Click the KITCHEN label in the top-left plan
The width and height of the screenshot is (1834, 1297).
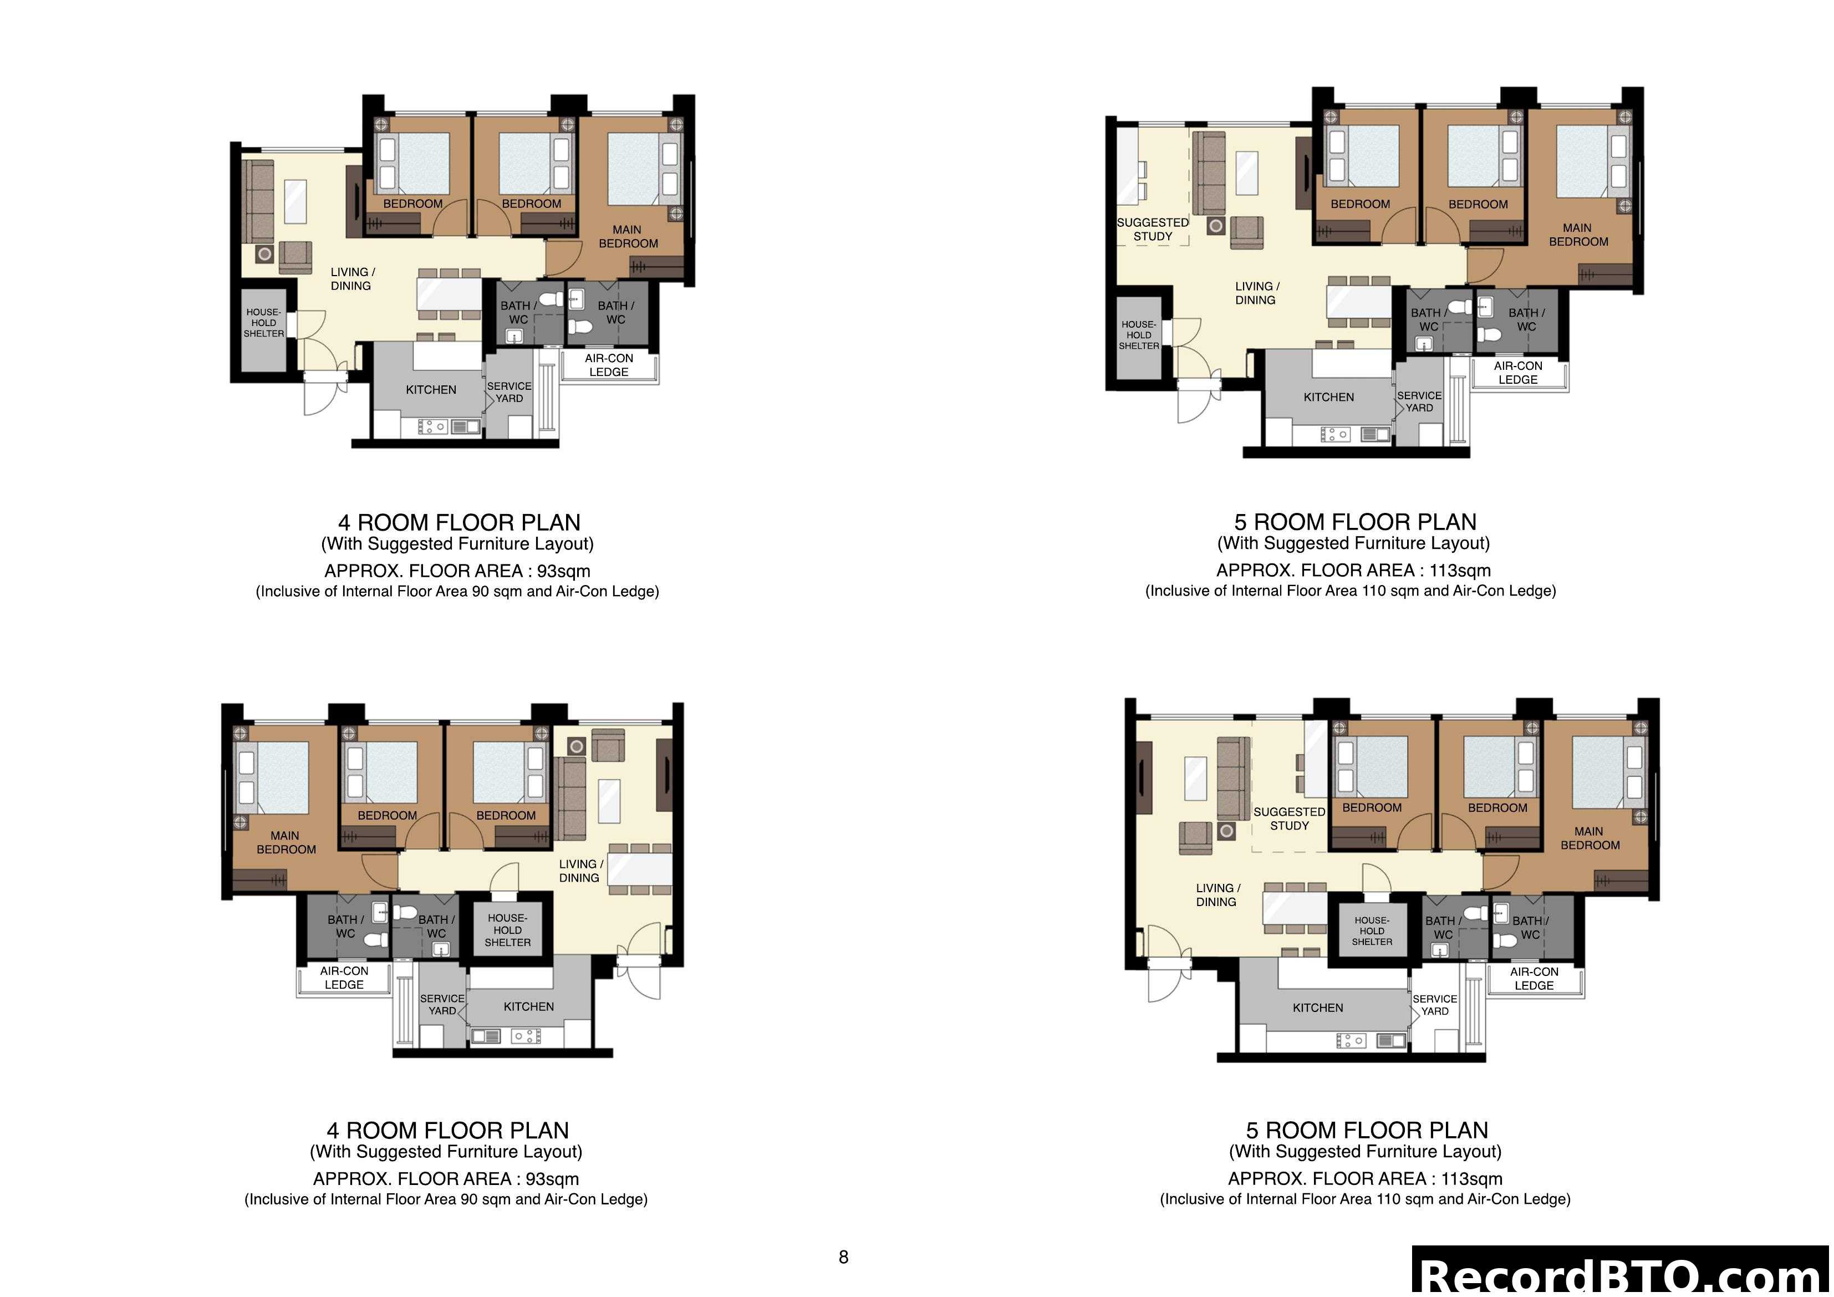pos(431,390)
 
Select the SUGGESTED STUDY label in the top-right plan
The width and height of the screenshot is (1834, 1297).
pos(1153,230)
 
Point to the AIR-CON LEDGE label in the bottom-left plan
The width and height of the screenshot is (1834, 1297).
pos(344,978)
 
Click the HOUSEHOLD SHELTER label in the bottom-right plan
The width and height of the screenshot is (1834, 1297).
pos(1372,931)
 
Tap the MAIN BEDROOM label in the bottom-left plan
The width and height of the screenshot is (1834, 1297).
pos(285,843)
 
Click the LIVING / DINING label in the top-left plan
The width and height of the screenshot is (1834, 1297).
pos(352,279)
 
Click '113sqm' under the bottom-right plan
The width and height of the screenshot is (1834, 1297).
pos(1471,1179)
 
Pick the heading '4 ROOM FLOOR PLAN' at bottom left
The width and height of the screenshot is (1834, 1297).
pos(447,1131)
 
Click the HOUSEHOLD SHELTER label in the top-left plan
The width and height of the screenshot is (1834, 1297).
pos(263,323)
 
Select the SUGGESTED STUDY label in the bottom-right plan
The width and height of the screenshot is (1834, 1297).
pos(1289,819)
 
